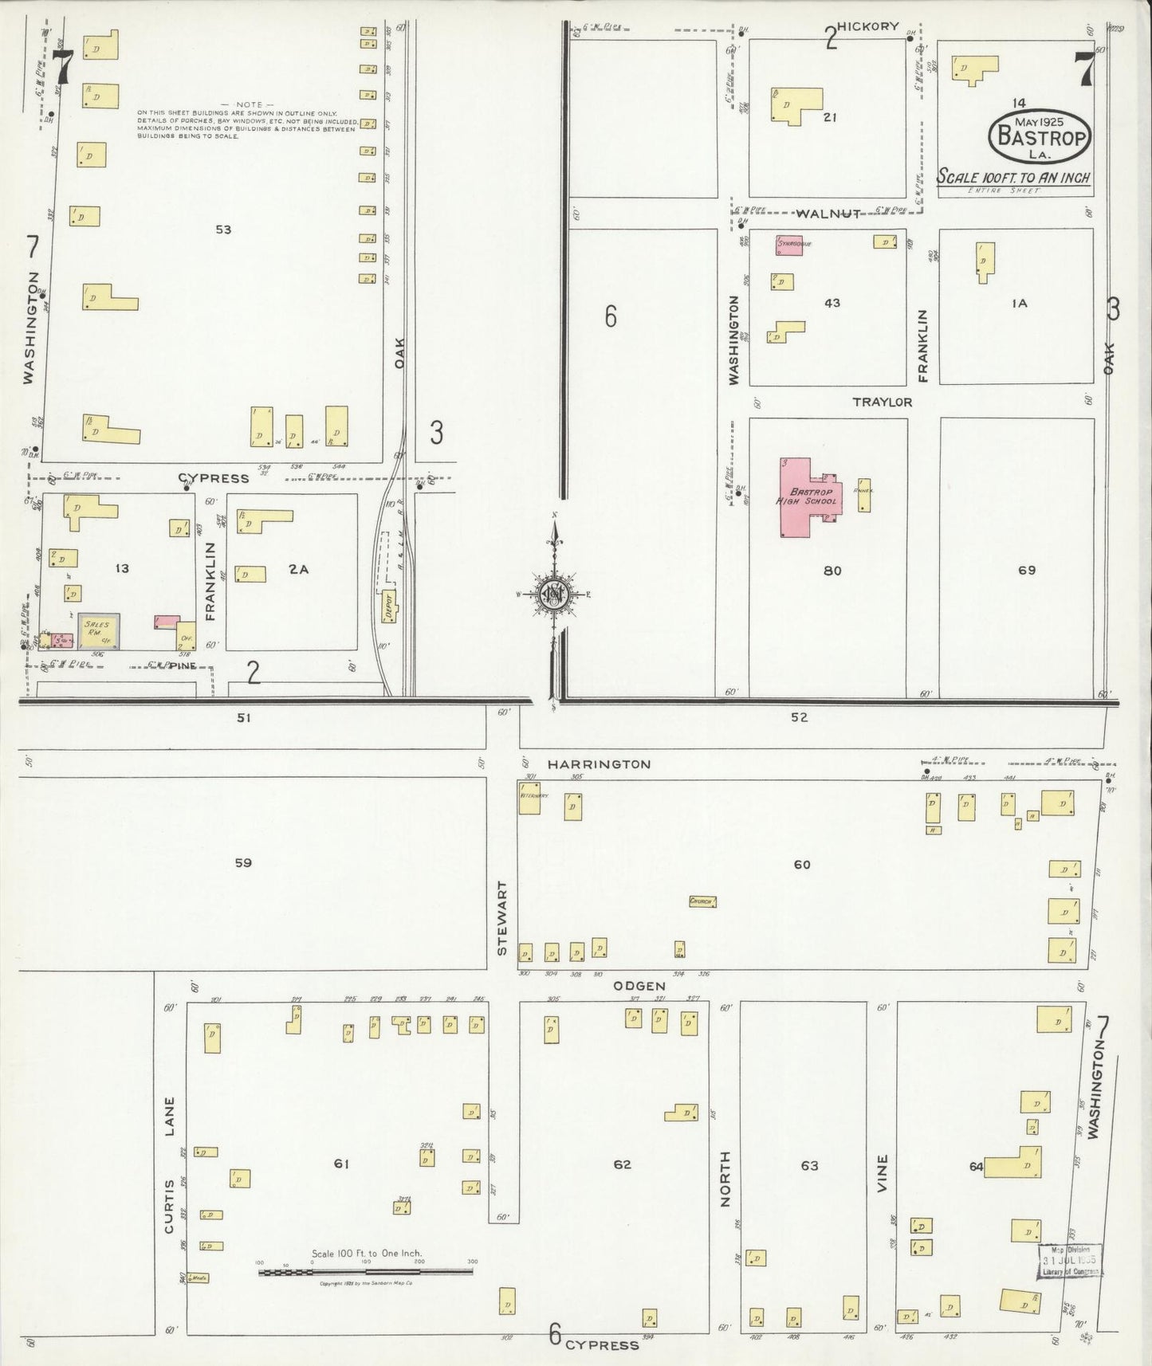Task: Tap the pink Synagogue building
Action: pyautogui.click(x=788, y=244)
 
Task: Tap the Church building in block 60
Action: pyautogui.click(x=702, y=901)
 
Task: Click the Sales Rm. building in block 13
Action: pyautogui.click(x=99, y=630)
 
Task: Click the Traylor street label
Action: pyautogui.click(x=882, y=402)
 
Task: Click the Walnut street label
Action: pyautogui.click(x=829, y=214)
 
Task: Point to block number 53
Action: pyautogui.click(x=223, y=230)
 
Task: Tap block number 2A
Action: pyautogui.click(x=299, y=569)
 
